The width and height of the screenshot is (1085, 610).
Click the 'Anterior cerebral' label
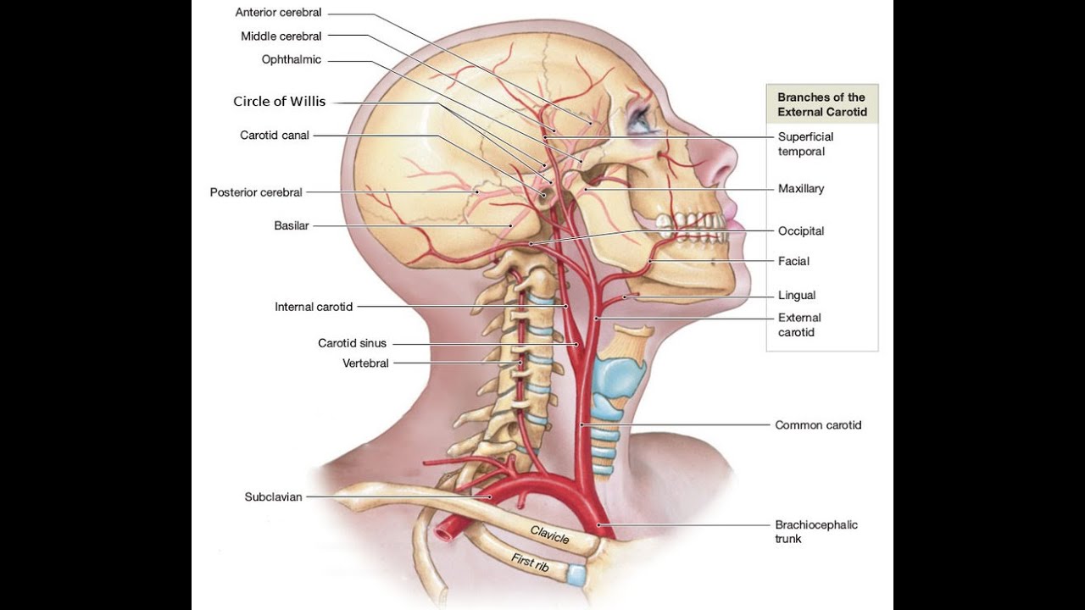click(278, 13)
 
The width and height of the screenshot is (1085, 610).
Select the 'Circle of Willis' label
click(279, 102)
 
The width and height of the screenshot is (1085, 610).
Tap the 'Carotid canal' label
click(275, 135)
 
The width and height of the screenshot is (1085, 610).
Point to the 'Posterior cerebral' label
click(256, 192)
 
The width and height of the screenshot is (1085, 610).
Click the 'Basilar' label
click(292, 225)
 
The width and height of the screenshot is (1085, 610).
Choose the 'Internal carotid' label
click(314, 307)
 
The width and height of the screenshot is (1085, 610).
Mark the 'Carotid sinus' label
click(352, 343)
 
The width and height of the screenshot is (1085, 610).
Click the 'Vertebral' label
click(365, 363)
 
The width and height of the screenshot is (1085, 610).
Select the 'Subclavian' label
click(273, 497)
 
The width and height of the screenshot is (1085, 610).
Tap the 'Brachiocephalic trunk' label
click(815, 531)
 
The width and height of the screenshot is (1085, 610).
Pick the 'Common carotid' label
click(818, 425)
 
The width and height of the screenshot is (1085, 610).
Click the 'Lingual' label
click(797, 296)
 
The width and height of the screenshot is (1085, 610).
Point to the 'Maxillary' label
click(801, 189)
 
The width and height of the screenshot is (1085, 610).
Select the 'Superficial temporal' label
click(805, 144)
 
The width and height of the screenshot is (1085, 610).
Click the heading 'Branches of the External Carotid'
click(821, 104)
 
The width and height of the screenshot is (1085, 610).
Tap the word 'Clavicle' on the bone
click(549, 535)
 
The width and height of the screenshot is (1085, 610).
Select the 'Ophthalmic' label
click(292, 59)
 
